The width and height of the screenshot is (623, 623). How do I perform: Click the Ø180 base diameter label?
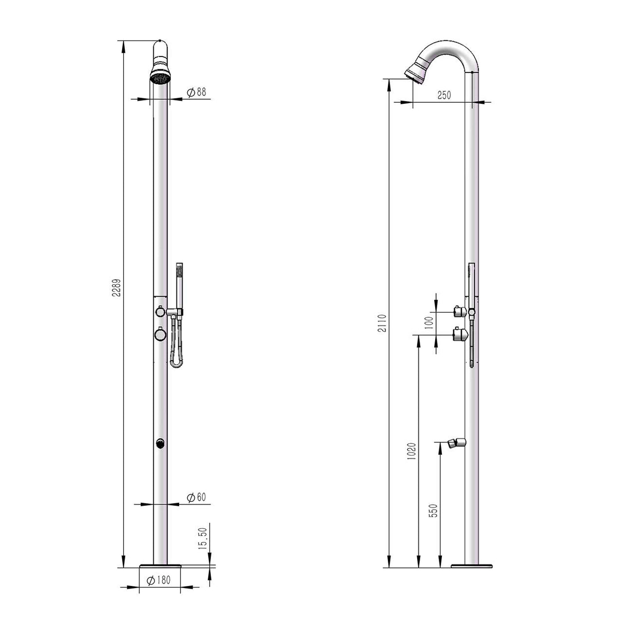pyautogui.click(x=159, y=580)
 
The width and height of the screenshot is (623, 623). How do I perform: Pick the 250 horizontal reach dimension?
pyautogui.click(x=444, y=95)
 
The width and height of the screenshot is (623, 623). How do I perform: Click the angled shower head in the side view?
pyautogui.click(x=416, y=72)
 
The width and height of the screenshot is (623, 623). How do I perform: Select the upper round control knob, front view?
pyautogui.click(x=160, y=311)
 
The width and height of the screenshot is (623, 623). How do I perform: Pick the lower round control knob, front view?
pyautogui.click(x=160, y=335)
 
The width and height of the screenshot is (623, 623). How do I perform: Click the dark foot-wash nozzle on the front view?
pyautogui.click(x=160, y=443)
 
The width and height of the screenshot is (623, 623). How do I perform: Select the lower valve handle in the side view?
pyautogui.click(x=459, y=336)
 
